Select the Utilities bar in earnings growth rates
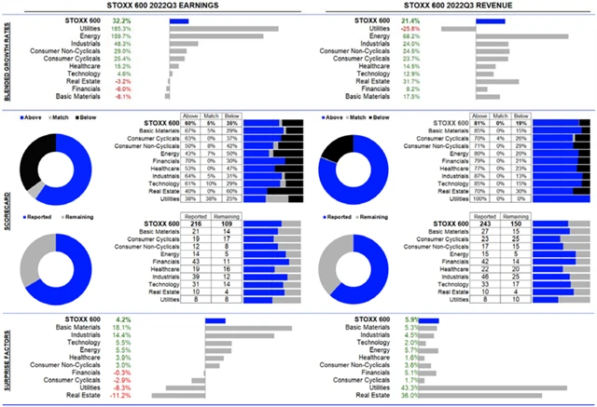pyautogui.click(x=224, y=28)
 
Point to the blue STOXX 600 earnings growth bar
pyautogui.click(x=179, y=20)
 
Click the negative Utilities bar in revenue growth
pyautogui.click(x=459, y=28)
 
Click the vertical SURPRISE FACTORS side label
pyautogui.click(x=7, y=359)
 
